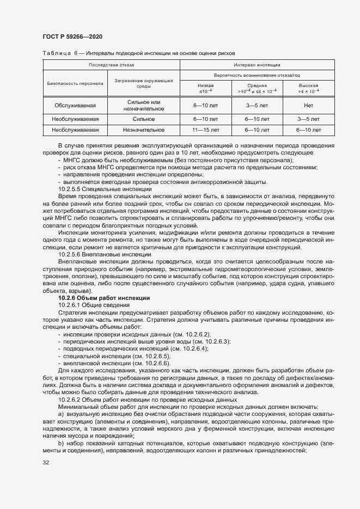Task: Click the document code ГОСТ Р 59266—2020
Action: click(x=72, y=36)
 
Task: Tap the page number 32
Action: click(x=46, y=463)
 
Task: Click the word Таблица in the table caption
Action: click(x=55, y=54)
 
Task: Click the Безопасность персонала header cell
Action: click(x=75, y=84)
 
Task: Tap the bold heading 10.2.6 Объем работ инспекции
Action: click(x=103, y=298)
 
